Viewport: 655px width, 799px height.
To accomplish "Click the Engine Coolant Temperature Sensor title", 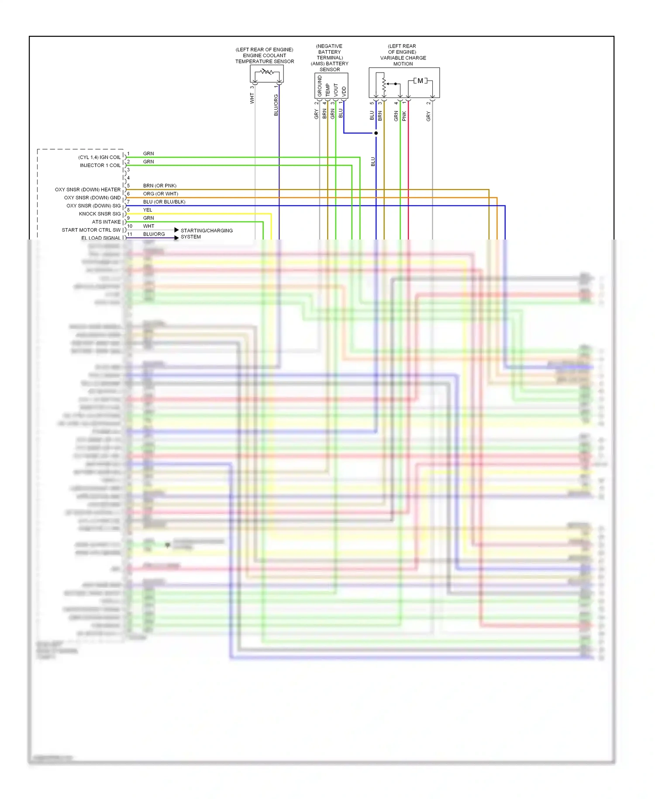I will (265, 56).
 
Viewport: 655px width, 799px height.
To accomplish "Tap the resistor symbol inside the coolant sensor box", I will (266, 72).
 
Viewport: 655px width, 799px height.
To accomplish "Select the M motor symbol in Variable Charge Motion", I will (420, 81).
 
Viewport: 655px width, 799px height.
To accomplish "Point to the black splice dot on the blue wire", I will (376, 133).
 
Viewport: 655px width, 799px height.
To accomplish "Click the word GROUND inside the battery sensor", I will (320, 86).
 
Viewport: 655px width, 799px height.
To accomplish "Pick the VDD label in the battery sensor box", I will (344, 91).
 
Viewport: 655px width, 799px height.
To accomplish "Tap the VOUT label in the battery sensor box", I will (336, 90).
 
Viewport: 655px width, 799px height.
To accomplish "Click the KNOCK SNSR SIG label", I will (100, 214).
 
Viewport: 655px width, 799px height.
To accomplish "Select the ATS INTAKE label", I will (106, 222).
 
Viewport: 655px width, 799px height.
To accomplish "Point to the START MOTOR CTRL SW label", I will (91, 230).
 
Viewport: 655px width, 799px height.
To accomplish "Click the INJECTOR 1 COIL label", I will (100, 166).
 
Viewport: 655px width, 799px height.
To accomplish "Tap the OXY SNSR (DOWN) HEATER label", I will (87, 190).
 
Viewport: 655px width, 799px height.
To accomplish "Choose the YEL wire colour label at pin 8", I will (148, 210).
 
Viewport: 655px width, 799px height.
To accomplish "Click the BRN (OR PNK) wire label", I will (159, 186).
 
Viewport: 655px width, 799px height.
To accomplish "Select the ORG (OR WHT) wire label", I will (160, 194).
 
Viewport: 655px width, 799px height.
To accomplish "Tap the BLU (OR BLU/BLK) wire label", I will (164, 202).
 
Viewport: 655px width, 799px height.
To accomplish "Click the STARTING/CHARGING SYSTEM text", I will (206, 233).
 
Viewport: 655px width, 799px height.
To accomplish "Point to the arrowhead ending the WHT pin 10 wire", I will (176, 230).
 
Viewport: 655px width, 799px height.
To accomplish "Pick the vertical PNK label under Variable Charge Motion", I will (404, 116).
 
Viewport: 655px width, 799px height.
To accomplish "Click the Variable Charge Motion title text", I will (403, 55).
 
